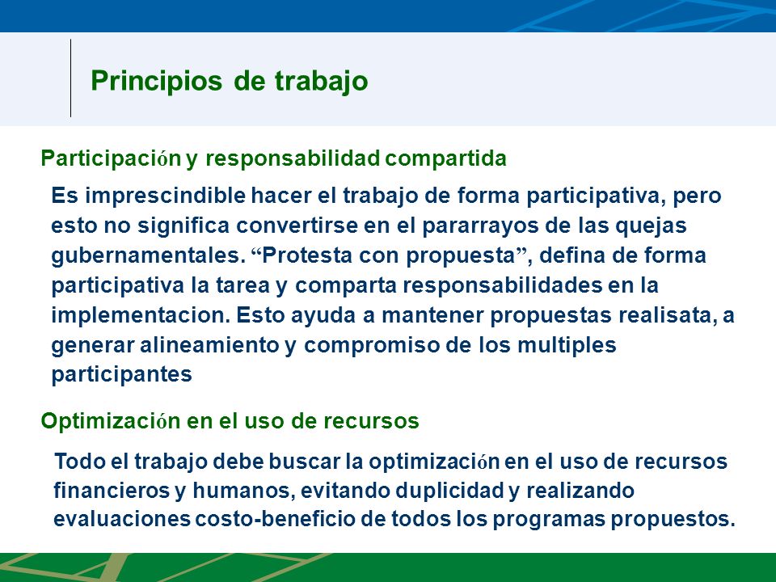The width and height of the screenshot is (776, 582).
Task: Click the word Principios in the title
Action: point(156,81)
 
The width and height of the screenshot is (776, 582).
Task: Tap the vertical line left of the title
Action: point(71,78)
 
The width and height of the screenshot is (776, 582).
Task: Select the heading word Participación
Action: point(111,158)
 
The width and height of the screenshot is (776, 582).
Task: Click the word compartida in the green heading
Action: point(446,158)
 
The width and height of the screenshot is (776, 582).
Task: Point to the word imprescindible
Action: point(165,196)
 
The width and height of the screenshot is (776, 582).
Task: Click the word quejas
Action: point(651,226)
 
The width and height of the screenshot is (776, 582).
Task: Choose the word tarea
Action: point(242,285)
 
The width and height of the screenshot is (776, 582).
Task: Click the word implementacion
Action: point(141,315)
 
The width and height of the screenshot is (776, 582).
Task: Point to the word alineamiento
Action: point(209,345)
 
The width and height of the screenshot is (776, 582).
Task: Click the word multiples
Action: point(567,345)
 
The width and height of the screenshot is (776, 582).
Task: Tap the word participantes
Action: point(122,374)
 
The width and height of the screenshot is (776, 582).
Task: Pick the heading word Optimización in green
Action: point(111,421)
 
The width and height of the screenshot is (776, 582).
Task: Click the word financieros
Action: point(112,491)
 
